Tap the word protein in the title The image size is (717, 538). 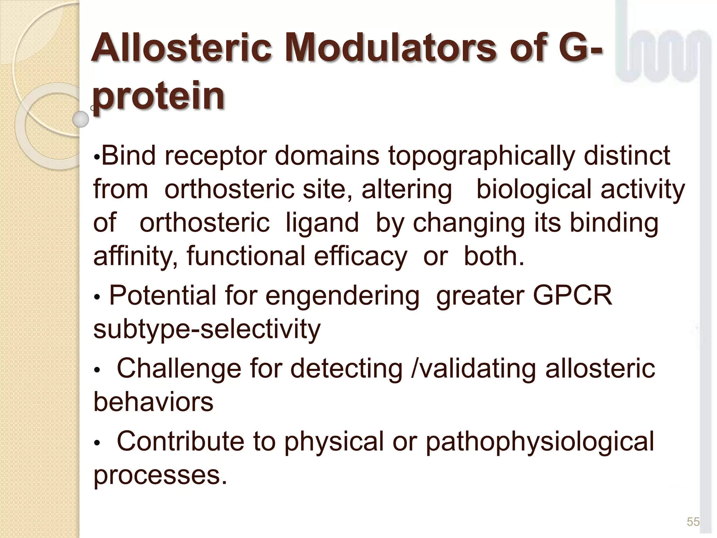pos(158,95)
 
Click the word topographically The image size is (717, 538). pos(481,156)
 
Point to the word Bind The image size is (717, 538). pos(128,156)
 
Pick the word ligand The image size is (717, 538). pos(322,223)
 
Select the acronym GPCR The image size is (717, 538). pos(572,296)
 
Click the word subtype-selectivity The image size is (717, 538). pos(207,329)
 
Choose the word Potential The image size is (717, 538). pos(162,296)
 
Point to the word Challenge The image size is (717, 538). pos(179,368)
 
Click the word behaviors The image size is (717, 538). pos(153,402)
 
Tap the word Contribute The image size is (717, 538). pos(180,441)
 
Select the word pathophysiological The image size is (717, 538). pos(540,441)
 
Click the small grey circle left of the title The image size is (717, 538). pos(81,119)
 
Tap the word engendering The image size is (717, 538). pos(342,296)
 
